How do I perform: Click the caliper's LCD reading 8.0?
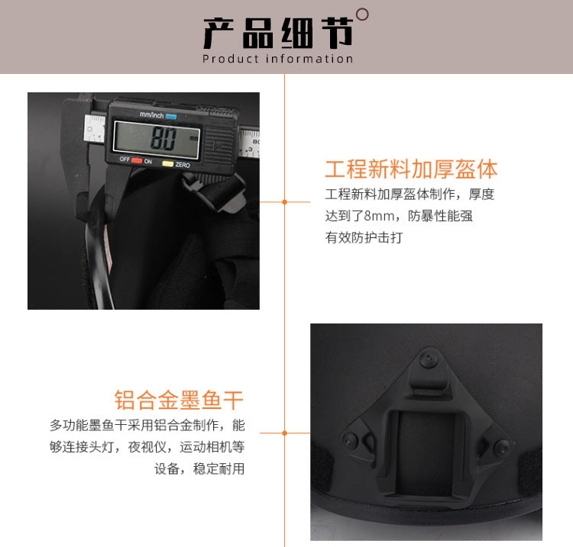point(163,139)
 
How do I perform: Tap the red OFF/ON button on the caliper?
point(137,160)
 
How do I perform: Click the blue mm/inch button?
point(171,117)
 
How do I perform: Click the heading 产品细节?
point(278,34)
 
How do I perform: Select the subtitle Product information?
point(278,59)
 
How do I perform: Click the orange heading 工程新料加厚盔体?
point(411,169)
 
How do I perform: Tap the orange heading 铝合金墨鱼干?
point(179,400)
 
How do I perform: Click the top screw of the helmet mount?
point(428,360)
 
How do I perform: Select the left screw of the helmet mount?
point(350,440)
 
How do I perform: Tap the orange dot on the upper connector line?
point(285,202)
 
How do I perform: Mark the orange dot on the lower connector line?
point(285,433)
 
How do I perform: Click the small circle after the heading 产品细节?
point(362,14)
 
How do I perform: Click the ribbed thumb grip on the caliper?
point(219,145)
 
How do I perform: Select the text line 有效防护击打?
point(364,237)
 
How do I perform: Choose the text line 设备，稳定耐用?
point(199,468)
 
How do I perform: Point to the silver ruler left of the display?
point(95,128)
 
